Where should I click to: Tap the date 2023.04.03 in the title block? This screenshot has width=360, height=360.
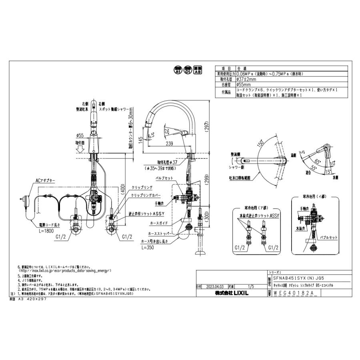(212, 286)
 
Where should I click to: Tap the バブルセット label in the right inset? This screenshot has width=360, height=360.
(328, 237)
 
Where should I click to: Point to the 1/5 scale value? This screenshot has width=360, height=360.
(251, 286)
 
